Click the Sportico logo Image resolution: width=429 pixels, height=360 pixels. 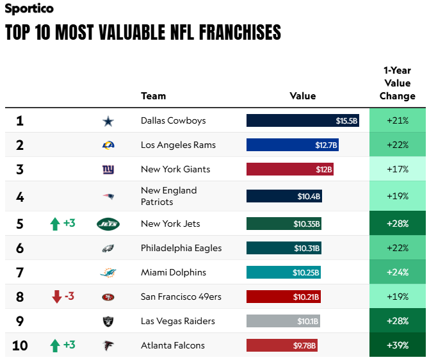point(29,8)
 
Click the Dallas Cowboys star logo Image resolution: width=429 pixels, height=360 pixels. point(108,121)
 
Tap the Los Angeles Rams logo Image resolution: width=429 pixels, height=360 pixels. point(108,145)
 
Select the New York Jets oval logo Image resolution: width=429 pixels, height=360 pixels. point(108,224)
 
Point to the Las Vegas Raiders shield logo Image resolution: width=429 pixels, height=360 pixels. point(108,321)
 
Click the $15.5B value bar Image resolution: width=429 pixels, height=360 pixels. point(303,120)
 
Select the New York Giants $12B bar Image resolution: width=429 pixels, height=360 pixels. point(290,169)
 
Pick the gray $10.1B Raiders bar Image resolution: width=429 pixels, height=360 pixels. point(283,321)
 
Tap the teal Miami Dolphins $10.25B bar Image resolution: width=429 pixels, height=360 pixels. point(284,272)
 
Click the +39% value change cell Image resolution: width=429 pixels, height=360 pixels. point(397,345)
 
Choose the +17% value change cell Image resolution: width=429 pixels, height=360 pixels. point(397,169)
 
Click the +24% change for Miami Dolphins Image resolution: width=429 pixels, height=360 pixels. point(397,272)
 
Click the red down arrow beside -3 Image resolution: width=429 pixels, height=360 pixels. point(56,297)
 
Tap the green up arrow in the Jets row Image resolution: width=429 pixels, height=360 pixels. point(55,224)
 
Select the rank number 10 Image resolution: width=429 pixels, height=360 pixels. point(20,345)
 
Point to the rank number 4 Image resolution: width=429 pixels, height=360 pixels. point(20,197)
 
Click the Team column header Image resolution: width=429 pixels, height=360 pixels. point(154,96)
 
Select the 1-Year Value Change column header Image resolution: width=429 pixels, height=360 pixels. point(397,83)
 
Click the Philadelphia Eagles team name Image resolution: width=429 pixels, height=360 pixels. point(181,248)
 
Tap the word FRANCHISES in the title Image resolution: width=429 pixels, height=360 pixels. point(240,32)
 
